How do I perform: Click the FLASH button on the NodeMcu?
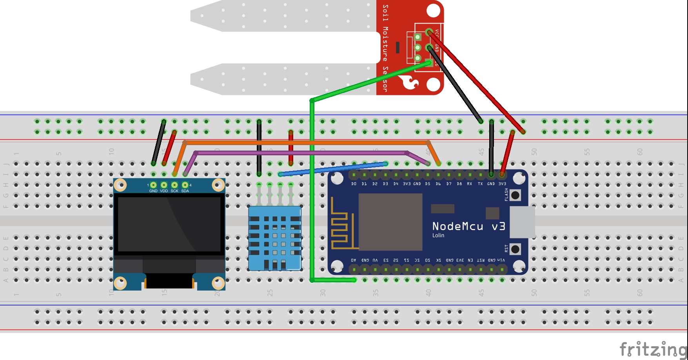pyautogui.click(x=515, y=195)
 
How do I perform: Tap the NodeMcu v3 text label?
pyautogui.click(x=468, y=226)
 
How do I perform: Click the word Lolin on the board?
pyautogui.click(x=438, y=235)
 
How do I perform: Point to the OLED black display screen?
pyautogui.click(x=169, y=224)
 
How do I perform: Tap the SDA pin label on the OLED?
pyautogui.click(x=185, y=191)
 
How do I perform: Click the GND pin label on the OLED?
pyautogui.click(x=153, y=191)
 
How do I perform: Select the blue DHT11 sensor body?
pyautogui.click(x=274, y=238)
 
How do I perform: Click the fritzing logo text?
pyautogui.click(x=652, y=349)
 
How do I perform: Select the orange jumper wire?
pyautogui.click(x=306, y=143)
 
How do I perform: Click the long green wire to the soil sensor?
pyautogui.click(x=312, y=188)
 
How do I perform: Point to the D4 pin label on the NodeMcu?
pyautogui.click(x=396, y=184)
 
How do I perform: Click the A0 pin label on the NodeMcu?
pyautogui.click(x=354, y=260)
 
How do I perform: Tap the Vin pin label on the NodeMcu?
pyautogui.click(x=501, y=260)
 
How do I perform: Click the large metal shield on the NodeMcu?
pyautogui.click(x=390, y=222)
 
